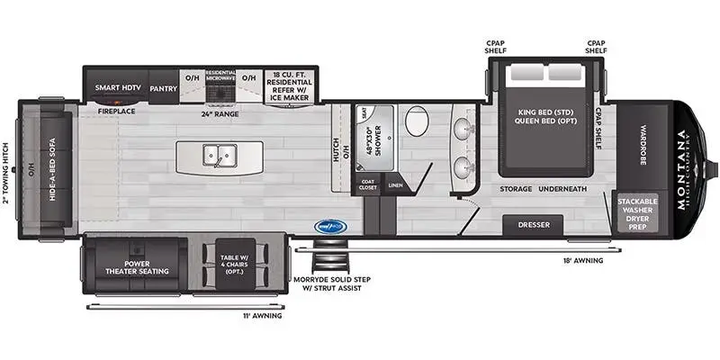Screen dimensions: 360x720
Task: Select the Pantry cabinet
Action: point(163,88)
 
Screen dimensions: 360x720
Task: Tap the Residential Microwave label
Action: point(220,78)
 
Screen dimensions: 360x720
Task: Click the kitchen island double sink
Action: point(218,155)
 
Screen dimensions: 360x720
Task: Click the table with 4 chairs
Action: point(231,265)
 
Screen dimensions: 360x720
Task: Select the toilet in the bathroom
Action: point(417,121)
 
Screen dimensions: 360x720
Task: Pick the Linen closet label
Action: point(395,185)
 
